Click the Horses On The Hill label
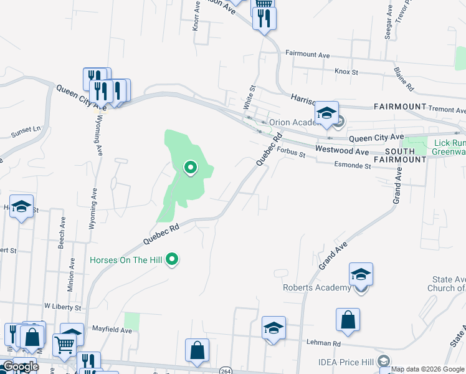click(126, 259)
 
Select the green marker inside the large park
click(190, 167)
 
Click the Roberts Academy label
click(316, 287)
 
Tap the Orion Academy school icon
click(326, 113)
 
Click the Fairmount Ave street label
click(307, 55)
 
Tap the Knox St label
click(346, 72)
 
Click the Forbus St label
click(290, 151)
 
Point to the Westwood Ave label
click(342, 150)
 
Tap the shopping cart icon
click(65, 343)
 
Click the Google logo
click(20, 366)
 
